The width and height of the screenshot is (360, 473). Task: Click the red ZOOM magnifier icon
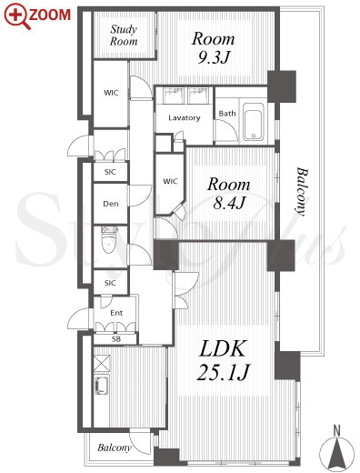tap(17, 16)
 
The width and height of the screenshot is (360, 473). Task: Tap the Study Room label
tap(124, 35)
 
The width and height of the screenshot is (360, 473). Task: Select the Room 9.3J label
tap(214, 48)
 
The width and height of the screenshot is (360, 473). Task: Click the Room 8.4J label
tap(229, 194)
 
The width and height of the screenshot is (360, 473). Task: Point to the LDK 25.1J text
tap(223, 360)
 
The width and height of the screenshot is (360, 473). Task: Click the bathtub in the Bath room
tap(254, 122)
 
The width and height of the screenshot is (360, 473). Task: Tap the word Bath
tap(227, 114)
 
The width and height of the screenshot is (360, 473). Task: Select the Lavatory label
tap(185, 117)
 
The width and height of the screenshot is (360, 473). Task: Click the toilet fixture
tap(108, 239)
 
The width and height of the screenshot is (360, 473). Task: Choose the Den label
tap(111, 204)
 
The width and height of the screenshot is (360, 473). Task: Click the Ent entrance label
tap(116, 313)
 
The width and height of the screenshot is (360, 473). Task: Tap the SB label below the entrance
tap(116, 339)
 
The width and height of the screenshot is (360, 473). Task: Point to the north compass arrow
tap(336, 449)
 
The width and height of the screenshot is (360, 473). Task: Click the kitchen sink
tap(101, 386)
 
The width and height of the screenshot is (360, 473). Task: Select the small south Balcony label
tap(114, 448)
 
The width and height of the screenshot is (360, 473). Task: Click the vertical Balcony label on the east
tap(302, 191)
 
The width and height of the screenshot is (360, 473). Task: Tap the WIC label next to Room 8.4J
tap(170, 181)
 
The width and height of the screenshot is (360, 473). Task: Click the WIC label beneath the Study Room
tap(111, 93)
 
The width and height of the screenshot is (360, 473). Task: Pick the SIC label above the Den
tap(110, 172)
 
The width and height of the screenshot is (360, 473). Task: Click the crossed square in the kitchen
tap(102, 363)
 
